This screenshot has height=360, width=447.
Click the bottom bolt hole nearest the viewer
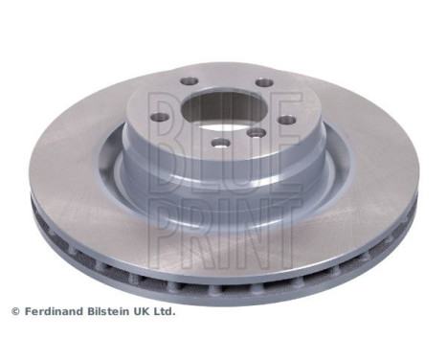click(x=221, y=144)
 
